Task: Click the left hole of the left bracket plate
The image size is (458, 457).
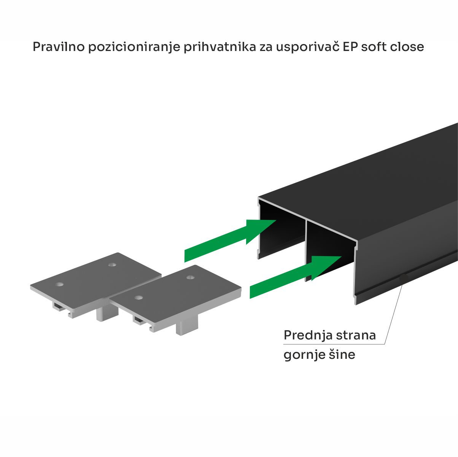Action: click(x=59, y=284)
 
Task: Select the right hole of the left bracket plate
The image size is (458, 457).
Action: click(x=111, y=264)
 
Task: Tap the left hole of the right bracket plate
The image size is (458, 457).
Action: click(x=138, y=297)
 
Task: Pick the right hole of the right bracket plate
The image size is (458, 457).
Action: click(x=191, y=277)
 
